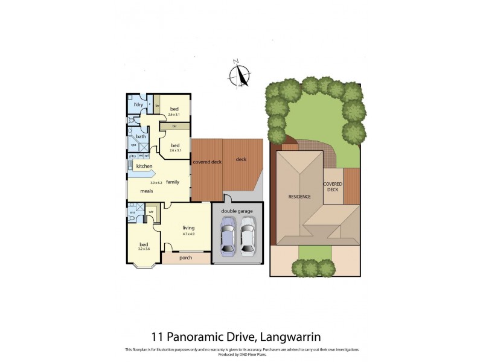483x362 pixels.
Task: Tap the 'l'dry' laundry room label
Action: pos(138,105)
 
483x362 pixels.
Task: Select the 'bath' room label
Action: pos(141,136)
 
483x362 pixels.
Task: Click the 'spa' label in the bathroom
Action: pos(133,145)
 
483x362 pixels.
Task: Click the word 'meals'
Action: pos(147,191)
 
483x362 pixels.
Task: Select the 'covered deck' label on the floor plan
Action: pos(206,162)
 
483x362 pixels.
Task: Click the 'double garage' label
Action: pos(237,211)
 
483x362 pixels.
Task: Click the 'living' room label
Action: pos(188,227)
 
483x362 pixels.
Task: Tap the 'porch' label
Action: pos(186,258)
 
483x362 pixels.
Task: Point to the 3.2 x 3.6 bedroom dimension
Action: pos(144,248)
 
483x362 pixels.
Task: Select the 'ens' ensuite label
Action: pos(132,212)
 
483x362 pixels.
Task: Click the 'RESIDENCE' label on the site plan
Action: pos(299,197)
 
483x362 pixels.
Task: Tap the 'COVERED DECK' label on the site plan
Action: pos(333,186)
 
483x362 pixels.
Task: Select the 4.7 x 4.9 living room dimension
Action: pos(189,233)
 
